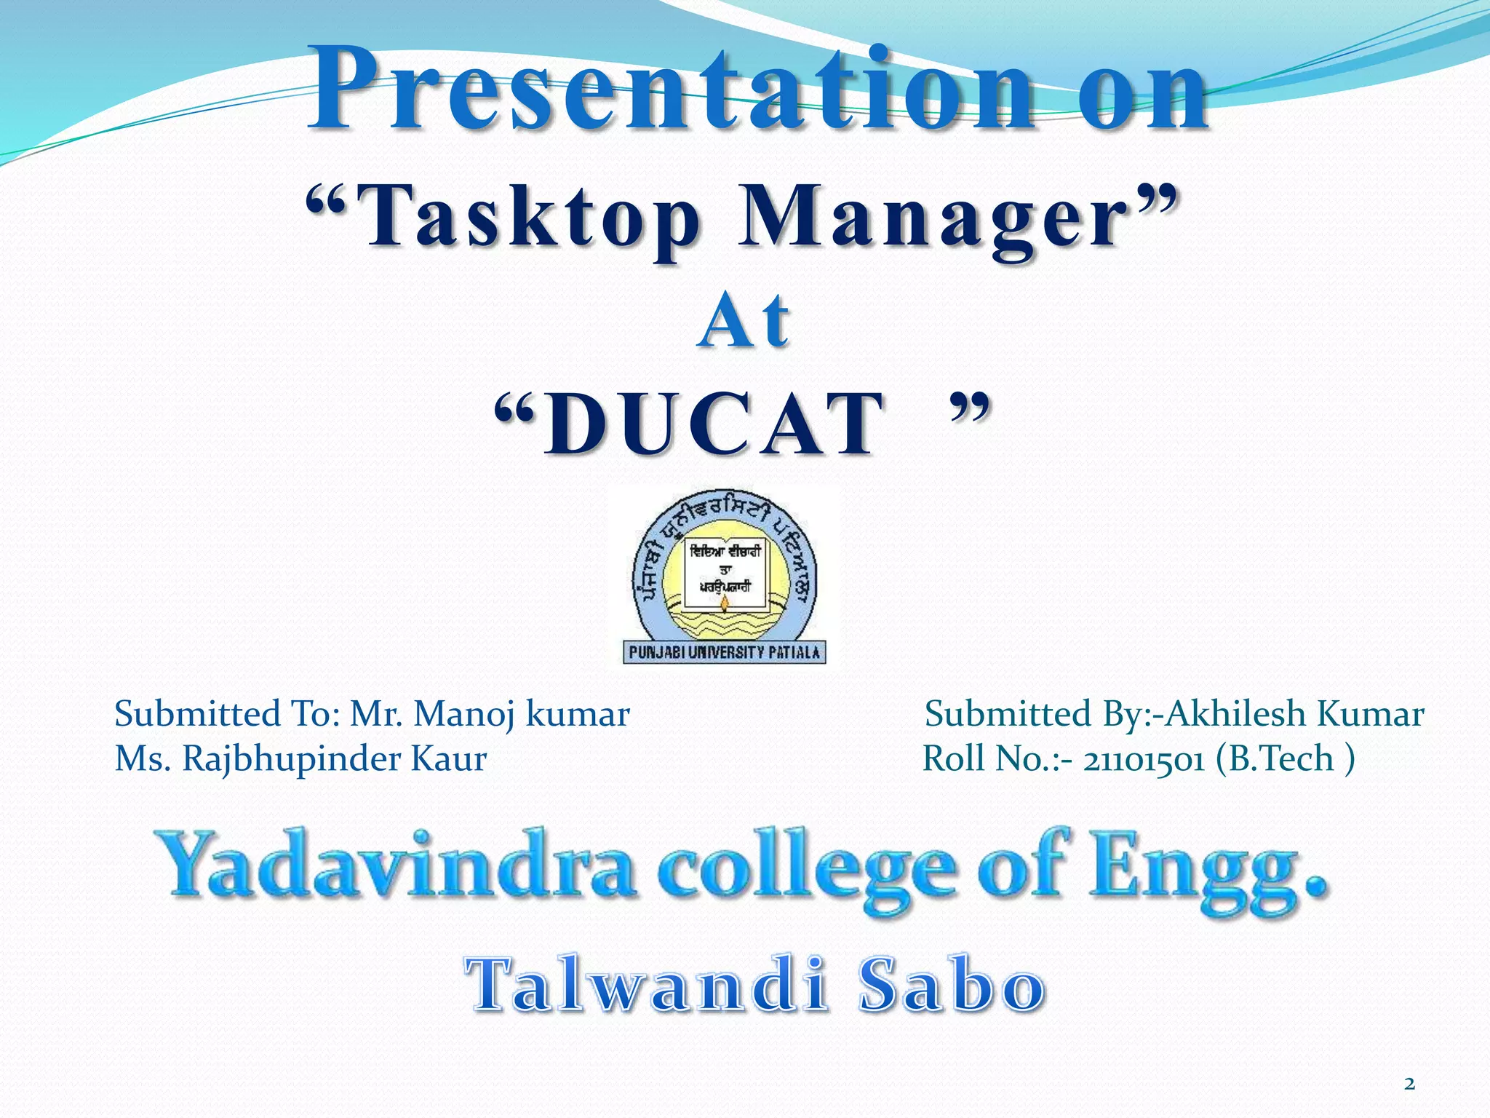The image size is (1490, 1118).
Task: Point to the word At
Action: coord(744,321)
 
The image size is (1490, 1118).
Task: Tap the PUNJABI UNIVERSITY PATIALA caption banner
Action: coord(724,652)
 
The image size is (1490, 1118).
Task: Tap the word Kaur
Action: coord(449,758)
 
